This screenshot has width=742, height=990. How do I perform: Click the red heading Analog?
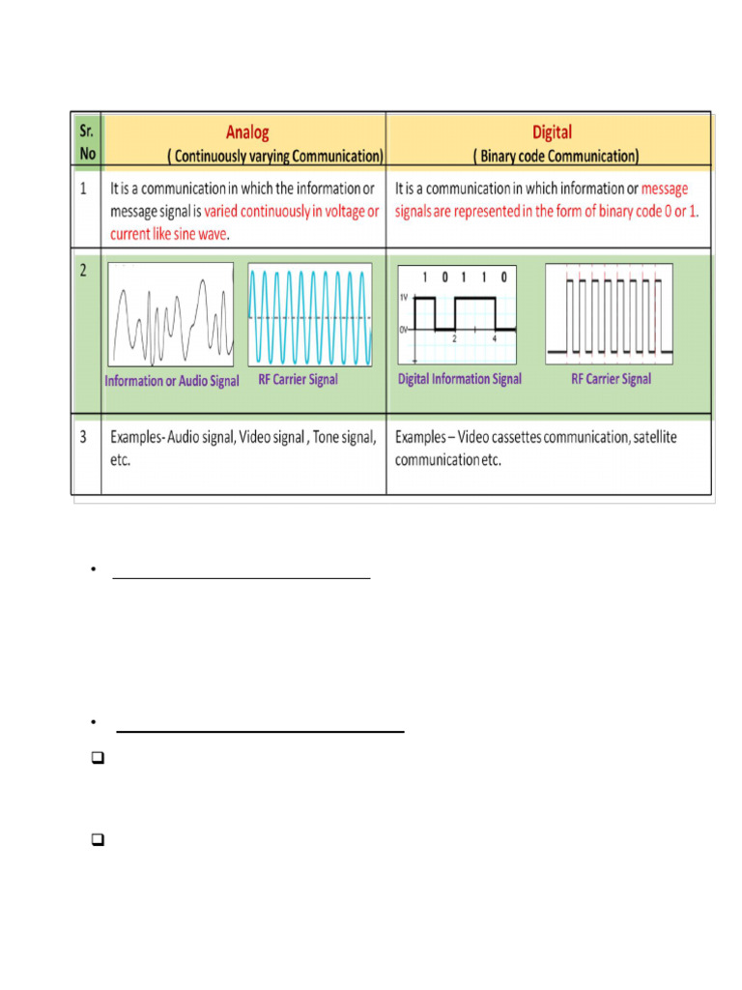tap(247, 132)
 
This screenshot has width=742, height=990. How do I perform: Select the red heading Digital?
tap(552, 132)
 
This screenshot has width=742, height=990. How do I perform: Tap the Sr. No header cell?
tap(88, 142)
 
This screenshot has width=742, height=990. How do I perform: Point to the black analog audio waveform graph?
tap(170, 316)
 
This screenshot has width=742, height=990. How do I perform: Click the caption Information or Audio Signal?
tap(172, 381)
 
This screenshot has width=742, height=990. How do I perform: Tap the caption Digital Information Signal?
tap(460, 379)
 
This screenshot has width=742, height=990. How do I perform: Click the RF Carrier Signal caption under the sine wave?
tap(298, 380)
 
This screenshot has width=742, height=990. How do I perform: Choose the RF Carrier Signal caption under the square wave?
tap(611, 379)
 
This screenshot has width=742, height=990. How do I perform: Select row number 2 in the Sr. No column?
tap(84, 272)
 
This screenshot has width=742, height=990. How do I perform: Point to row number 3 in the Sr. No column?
tap(84, 437)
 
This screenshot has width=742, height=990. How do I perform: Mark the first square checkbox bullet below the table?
tap(97, 760)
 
